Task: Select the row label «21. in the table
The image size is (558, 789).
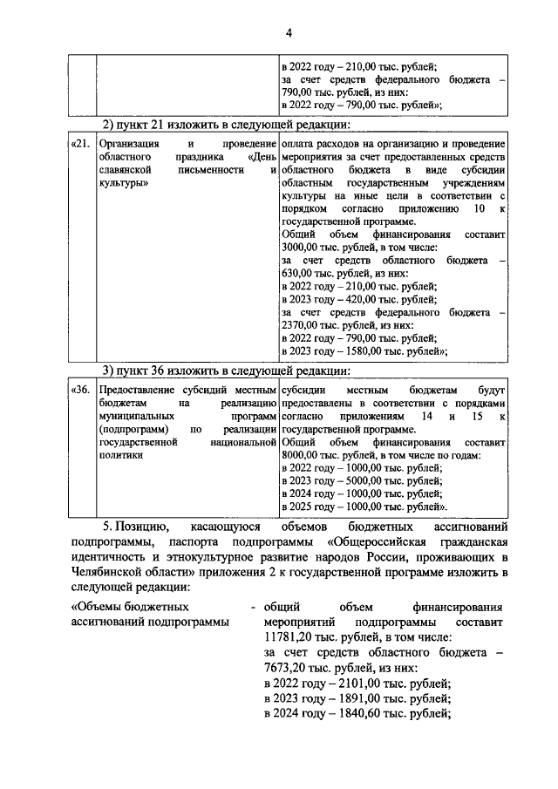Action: [79, 143]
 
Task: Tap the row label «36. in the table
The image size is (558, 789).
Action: [79, 391]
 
